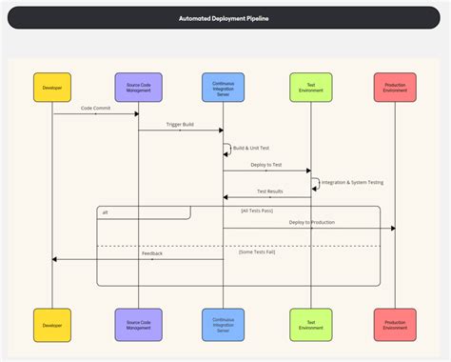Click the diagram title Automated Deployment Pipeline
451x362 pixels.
coord(225,18)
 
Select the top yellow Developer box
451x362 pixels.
coord(52,87)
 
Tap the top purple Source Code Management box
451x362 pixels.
coord(138,87)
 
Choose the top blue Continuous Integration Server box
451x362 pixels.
coord(223,87)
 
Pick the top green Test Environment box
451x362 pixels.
coord(309,87)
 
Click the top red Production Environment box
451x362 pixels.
coord(394,87)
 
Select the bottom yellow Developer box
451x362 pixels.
coord(52,325)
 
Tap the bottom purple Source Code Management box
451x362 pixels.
coord(138,325)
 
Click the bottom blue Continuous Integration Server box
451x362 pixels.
coord(223,325)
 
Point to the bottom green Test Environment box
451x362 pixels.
coord(309,325)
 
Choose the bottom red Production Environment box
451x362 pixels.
coord(394,325)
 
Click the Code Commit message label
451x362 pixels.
coord(96,108)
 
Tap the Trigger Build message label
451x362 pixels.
coord(181,125)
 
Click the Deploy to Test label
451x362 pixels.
coord(266,165)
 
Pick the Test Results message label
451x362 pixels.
coord(269,191)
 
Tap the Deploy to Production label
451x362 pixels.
coord(311,222)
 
